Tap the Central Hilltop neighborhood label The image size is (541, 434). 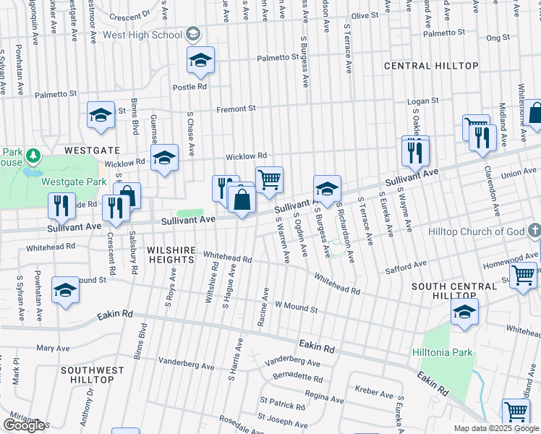coord(431,66)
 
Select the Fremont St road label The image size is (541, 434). coord(237,109)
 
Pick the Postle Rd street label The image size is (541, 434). coord(189,86)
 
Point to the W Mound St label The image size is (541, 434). coord(296,309)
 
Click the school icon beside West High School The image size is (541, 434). coord(192,34)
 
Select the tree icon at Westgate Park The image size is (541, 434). coord(32,155)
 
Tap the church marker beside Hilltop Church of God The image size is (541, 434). coord(534,231)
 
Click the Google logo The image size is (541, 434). coord(24,425)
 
